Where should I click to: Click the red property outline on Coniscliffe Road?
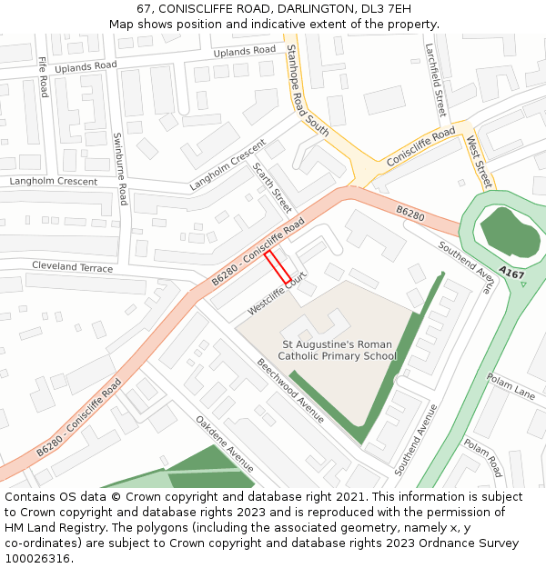[278, 267]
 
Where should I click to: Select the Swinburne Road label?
[120, 169]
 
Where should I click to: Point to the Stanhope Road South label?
[307, 90]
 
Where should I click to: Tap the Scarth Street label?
[272, 187]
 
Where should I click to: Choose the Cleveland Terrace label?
[72, 267]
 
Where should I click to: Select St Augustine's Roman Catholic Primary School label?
[338, 351]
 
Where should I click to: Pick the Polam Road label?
[482, 458]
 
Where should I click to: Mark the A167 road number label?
[512, 274]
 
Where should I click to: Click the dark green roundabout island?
[506, 231]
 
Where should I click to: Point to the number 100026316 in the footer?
[36, 558]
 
